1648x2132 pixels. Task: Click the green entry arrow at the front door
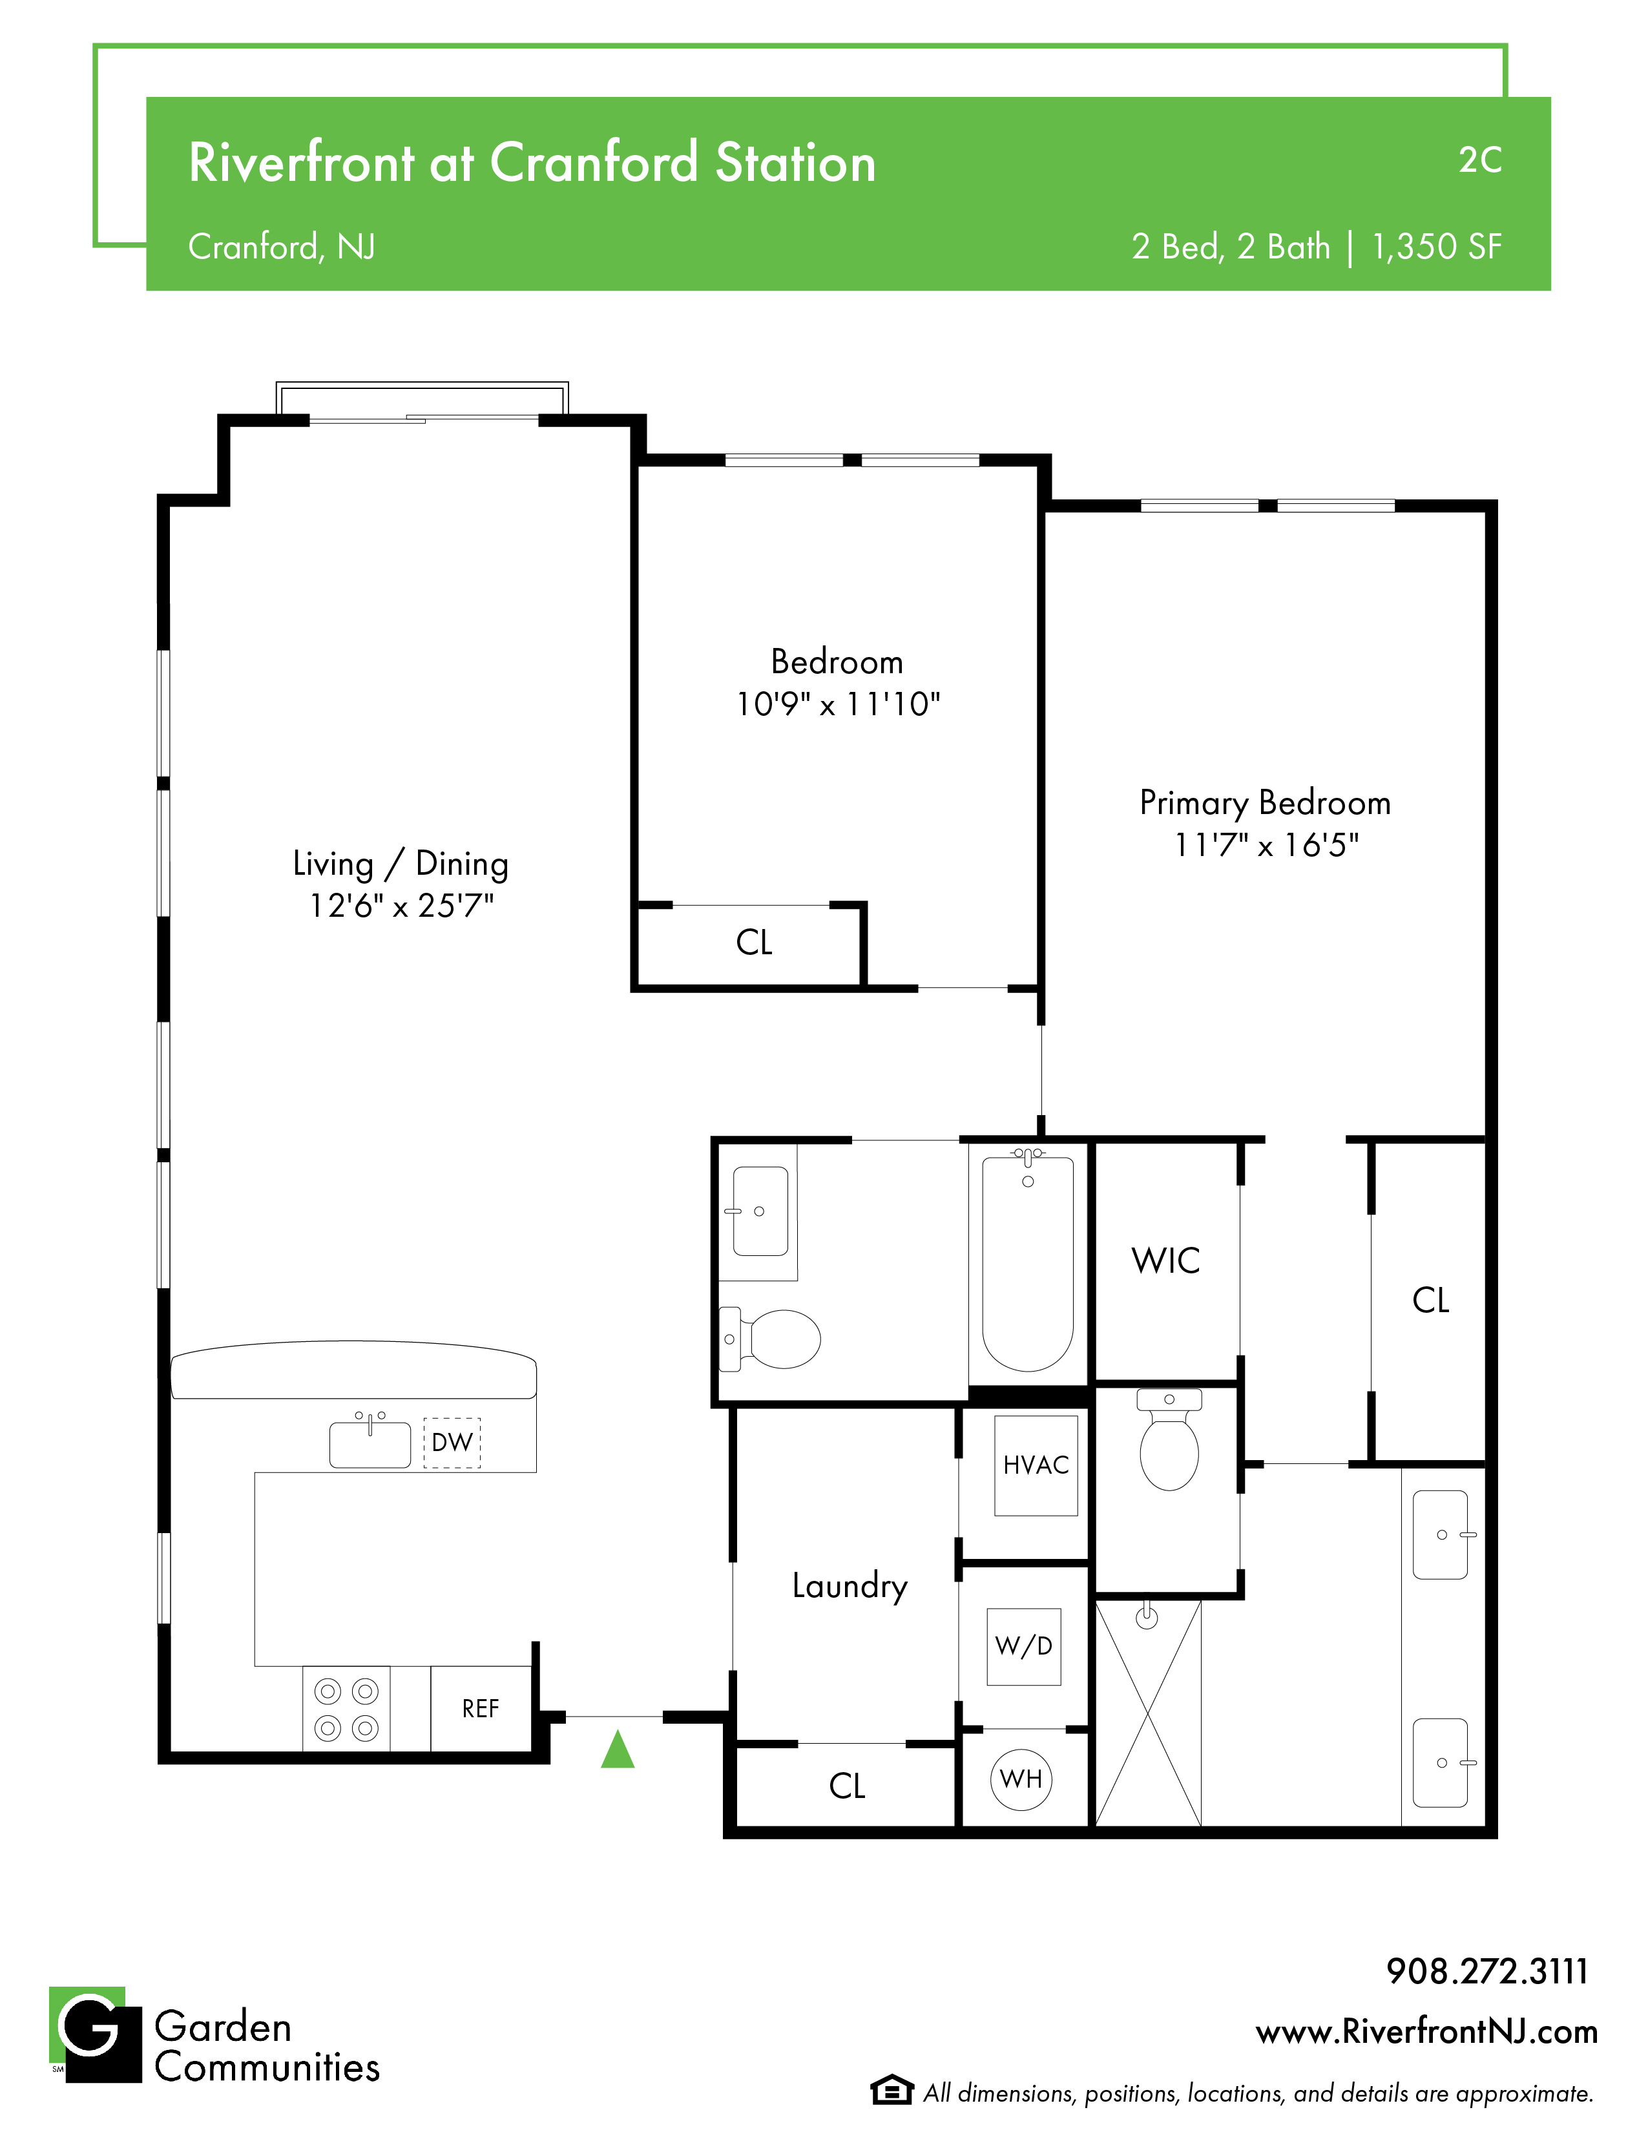point(618,1750)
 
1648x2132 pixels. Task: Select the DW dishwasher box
point(452,1443)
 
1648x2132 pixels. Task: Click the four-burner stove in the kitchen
point(346,1709)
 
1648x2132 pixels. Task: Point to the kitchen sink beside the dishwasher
point(370,1442)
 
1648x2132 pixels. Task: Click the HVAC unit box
point(1036,1465)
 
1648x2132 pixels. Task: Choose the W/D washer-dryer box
point(1024,1647)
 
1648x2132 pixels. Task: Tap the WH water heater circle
point(1021,1780)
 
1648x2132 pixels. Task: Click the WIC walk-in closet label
point(1165,1260)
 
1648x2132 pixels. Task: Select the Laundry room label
point(850,1586)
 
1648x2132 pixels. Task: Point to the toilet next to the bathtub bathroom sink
point(770,1339)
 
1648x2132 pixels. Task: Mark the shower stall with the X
point(1148,1713)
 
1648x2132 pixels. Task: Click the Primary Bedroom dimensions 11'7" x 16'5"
point(1266,846)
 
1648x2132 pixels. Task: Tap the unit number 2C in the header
point(1480,160)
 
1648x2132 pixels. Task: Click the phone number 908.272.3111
point(1488,1971)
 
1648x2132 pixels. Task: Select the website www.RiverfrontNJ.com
point(1427,2033)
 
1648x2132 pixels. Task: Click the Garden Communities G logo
point(96,2034)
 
